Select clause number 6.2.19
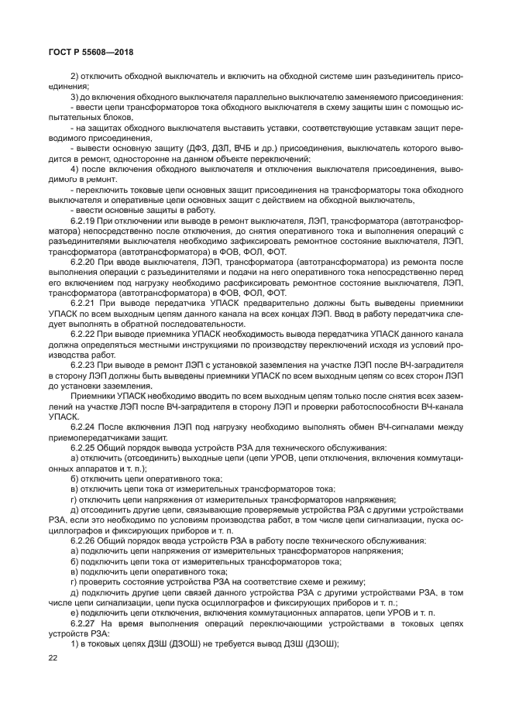[x=84, y=221]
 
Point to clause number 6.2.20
[x=84, y=262]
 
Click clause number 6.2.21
[x=84, y=303]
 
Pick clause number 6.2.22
[x=84, y=333]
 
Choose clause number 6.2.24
[x=84, y=426]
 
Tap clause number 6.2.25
[x=84, y=447]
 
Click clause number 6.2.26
[x=84, y=539]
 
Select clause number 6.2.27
[x=84, y=622]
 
